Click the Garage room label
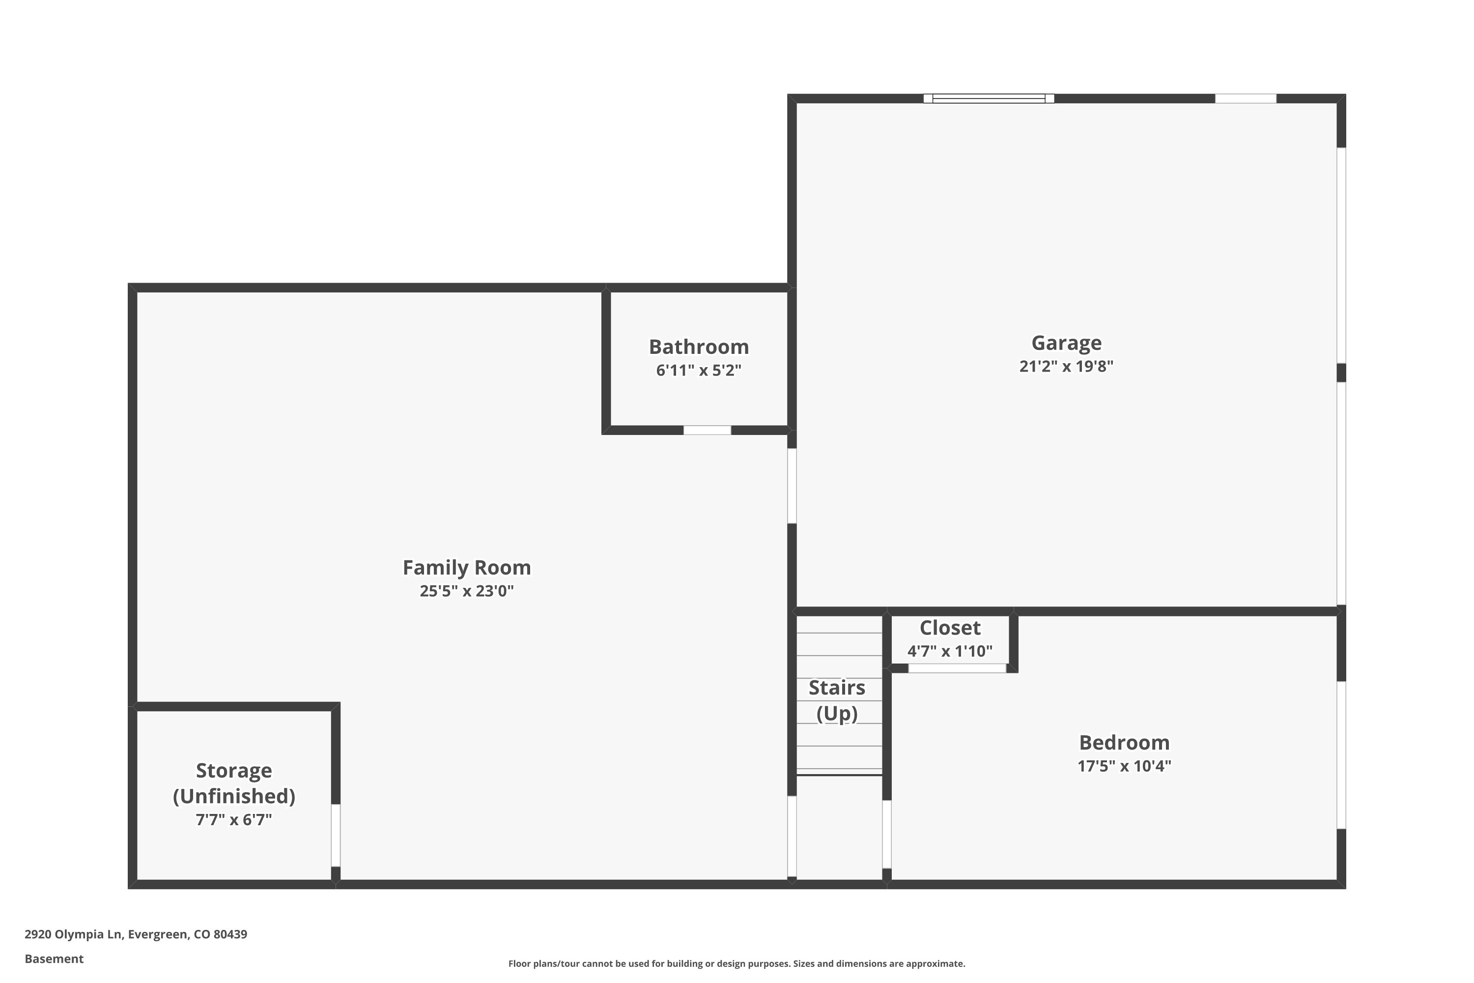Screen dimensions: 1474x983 tap(1066, 343)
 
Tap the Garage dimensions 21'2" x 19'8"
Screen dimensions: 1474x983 tap(1066, 366)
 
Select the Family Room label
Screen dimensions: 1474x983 tap(466, 567)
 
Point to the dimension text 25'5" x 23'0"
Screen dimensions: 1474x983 tap(466, 591)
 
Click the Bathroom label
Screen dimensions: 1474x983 tap(699, 347)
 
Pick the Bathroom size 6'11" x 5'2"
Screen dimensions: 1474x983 tap(699, 370)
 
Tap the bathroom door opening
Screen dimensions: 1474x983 tap(707, 430)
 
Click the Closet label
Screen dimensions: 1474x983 tap(950, 628)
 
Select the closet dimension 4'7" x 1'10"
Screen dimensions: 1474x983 tap(950, 651)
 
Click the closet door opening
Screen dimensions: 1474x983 tap(958, 668)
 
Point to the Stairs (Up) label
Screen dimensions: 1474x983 tap(837, 700)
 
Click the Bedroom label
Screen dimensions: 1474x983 tap(1124, 742)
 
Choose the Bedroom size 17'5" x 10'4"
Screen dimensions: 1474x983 tap(1124, 765)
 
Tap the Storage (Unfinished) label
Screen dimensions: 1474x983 tap(234, 783)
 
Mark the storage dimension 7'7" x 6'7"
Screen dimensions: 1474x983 tap(234, 819)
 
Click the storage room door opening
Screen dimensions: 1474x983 tap(336, 835)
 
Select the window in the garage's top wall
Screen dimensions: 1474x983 tap(989, 98)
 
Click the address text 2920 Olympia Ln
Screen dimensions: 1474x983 tap(73, 934)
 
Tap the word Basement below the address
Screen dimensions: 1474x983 tap(54, 958)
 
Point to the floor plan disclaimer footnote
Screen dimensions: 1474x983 tap(737, 963)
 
